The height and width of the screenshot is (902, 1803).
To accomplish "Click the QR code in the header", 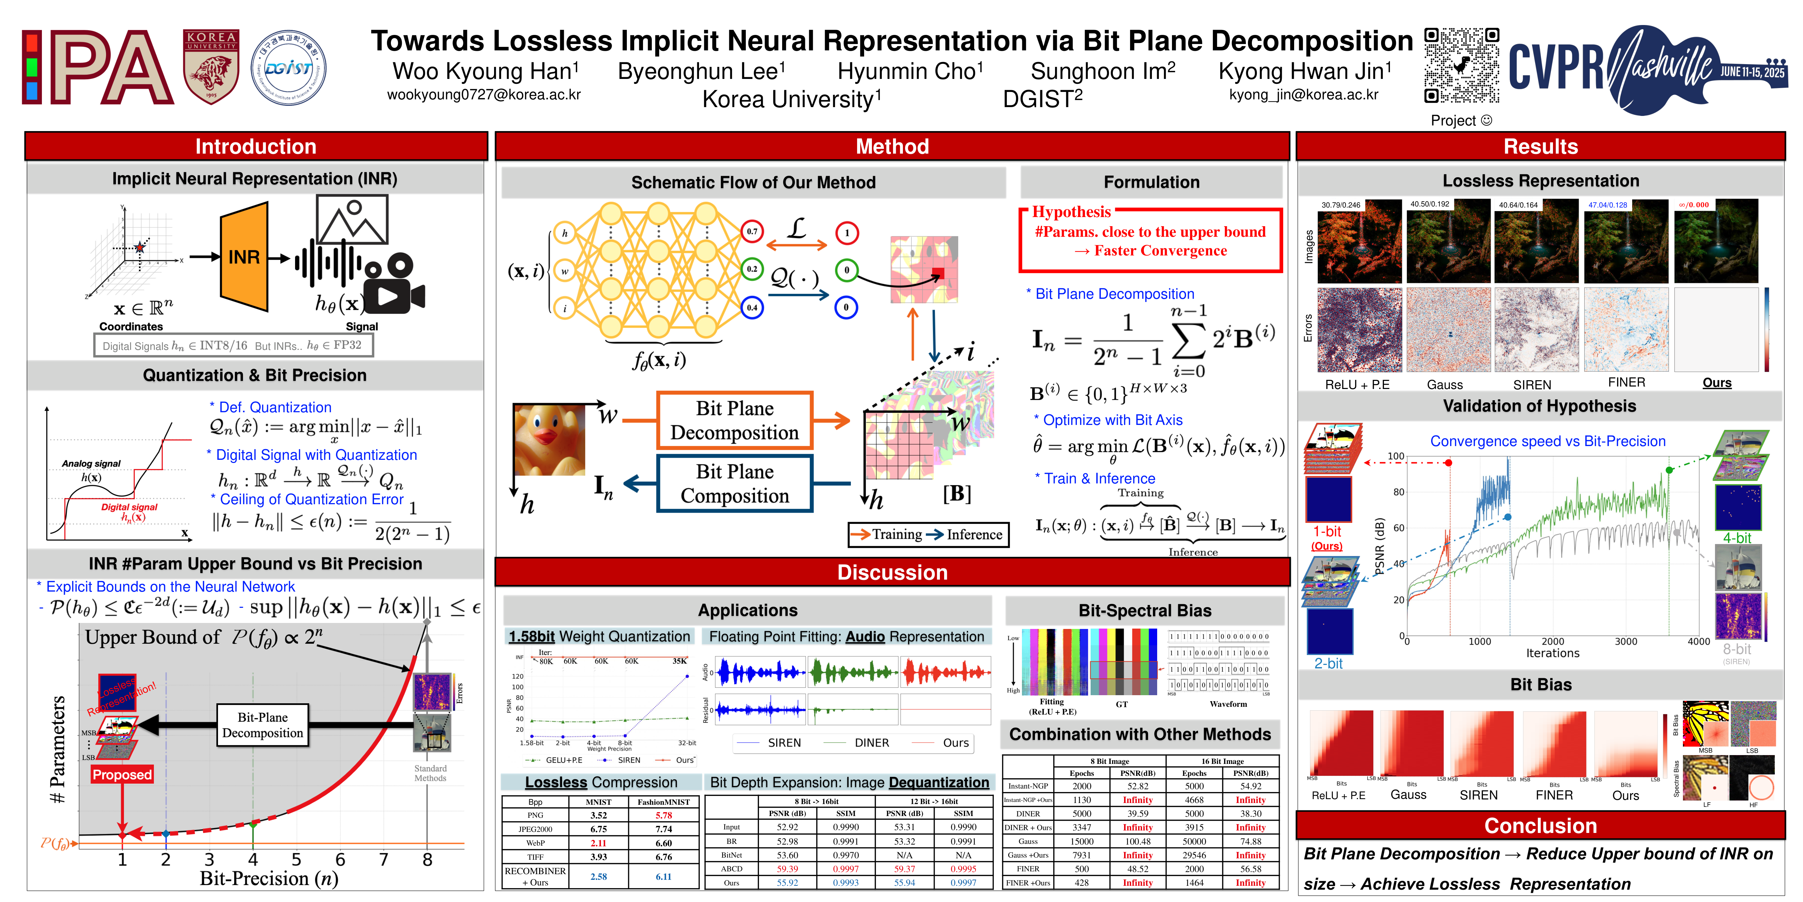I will (x=1461, y=67).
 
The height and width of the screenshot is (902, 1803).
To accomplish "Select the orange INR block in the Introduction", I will (x=244, y=257).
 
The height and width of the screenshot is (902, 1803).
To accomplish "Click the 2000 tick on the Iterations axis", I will (x=1552, y=642).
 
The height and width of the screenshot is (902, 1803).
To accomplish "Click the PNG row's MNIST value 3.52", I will (x=598, y=815).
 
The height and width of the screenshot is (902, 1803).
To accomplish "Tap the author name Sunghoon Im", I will (x=1102, y=72).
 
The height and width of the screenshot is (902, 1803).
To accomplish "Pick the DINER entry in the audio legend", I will (x=872, y=743).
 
